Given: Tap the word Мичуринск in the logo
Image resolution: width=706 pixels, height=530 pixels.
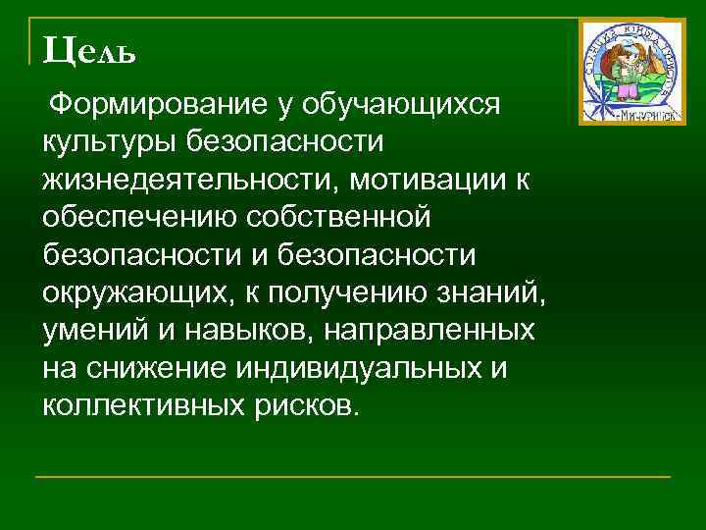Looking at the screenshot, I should (x=630, y=114).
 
